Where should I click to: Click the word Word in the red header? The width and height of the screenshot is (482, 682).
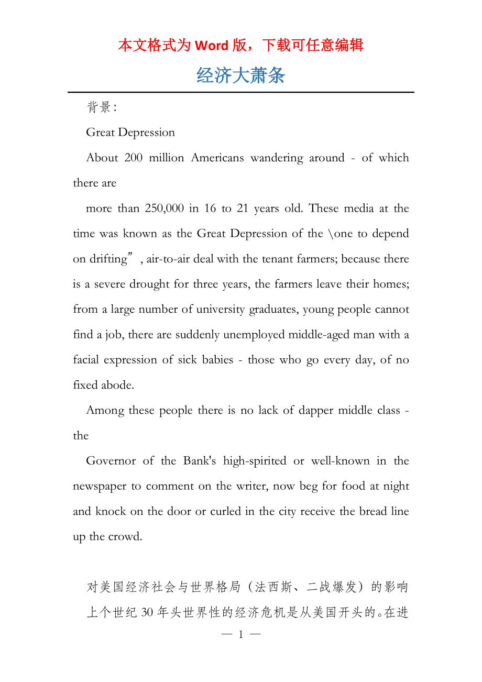click(211, 46)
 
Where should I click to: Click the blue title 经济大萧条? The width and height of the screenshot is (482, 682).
click(241, 76)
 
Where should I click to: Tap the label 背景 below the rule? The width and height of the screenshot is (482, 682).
click(98, 107)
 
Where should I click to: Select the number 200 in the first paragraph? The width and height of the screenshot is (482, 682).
click(133, 158)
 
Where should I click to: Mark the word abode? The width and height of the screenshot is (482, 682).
click(118, 385)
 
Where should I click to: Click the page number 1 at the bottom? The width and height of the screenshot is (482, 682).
click(241, 635)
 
